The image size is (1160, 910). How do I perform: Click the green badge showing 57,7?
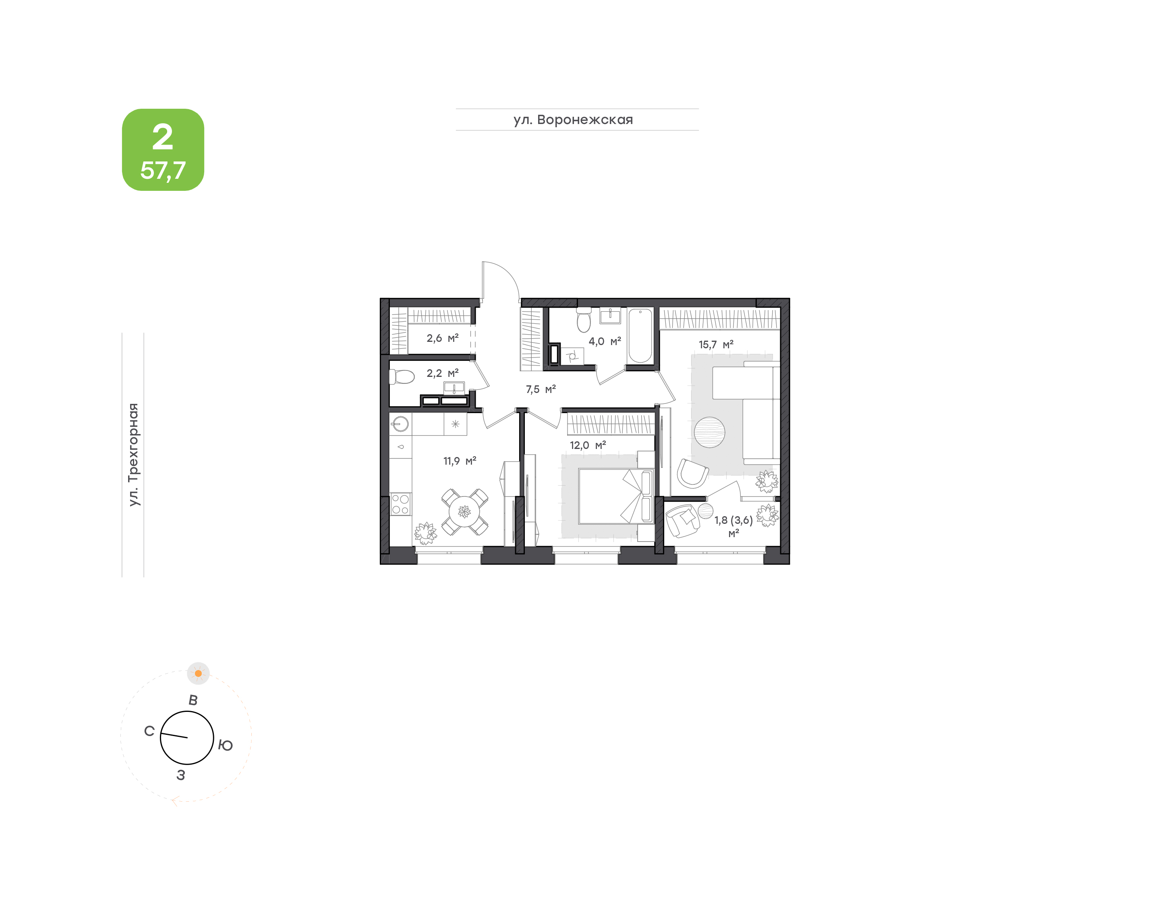[163, 150]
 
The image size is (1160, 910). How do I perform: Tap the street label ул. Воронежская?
[573, 120]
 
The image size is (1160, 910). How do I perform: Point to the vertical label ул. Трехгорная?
[134, 455]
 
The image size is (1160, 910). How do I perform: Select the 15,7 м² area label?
[716, 345]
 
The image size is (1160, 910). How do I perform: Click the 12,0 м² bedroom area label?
[588, 445]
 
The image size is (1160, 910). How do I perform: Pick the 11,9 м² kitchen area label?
[460, 461]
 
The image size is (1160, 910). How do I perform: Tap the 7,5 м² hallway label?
[541, 389]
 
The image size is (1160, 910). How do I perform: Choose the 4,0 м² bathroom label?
[605, 341]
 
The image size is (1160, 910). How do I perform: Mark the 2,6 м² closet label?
[442, 338]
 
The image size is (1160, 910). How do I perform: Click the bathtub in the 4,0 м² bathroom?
[640, 336]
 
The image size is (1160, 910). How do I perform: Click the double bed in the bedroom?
[616, 496]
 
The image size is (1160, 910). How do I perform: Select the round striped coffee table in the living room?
[709, 432]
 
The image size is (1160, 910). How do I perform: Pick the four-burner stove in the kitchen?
[400, 505]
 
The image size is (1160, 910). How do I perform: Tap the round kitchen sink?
[400, 424]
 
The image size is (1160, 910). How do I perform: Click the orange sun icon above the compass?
[198, 674]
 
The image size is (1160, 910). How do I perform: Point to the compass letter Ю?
[226, 745]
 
